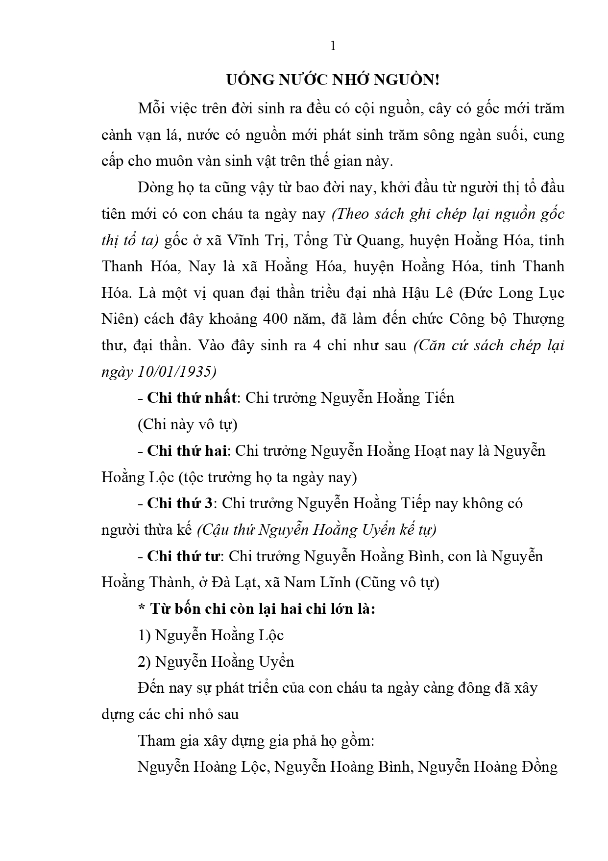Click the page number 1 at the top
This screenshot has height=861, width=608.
click(333, 46)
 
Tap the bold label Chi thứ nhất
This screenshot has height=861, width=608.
click(192, 397)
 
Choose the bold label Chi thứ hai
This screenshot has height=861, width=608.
click(187, 450)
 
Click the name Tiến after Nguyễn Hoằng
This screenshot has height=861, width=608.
click(438, 397)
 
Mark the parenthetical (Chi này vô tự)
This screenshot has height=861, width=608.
click(188, 424)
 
